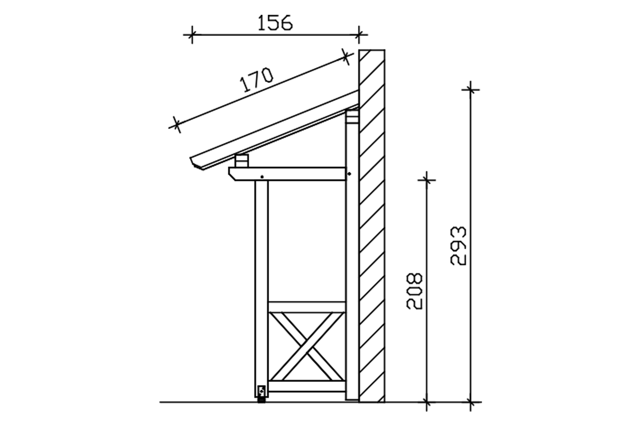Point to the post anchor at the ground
(262, 394)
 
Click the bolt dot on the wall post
(350, 174)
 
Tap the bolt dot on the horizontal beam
(262, 177)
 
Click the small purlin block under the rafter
(242, 161)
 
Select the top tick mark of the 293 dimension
(470, 90)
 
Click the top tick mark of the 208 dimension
(427, 180)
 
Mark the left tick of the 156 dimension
(192, 34)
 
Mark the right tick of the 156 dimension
(359, 34)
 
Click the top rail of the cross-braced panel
(307, 307)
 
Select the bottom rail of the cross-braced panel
(307, 386)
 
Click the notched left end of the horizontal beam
(233, 174)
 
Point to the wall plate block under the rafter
(352, 117)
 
